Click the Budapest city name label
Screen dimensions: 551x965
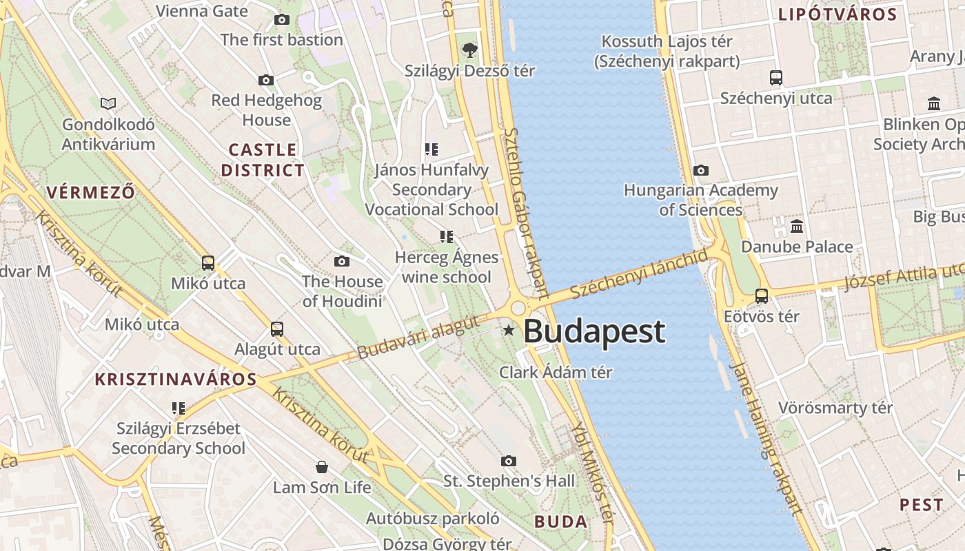pos(594,331)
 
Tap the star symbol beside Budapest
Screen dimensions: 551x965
pos(509,331)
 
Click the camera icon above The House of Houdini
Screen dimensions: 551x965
pos(341,262)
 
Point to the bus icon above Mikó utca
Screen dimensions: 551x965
pos(208,263)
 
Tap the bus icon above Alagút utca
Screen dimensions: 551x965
pos(277,329)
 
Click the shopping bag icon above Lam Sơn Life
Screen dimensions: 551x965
pos(322,468)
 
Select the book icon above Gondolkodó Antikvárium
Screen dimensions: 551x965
pos(108,104)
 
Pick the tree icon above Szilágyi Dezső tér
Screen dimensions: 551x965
pos(470,50)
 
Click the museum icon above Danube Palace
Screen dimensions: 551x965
pos(797,226)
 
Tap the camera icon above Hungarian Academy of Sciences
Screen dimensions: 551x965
pos(701,170)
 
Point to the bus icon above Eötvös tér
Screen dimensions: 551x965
pos(762,296)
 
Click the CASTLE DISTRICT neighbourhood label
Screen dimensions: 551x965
pos(263,160)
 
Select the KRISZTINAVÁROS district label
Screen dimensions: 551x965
pos(176,379)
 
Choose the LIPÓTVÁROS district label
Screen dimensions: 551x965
pos(837,14)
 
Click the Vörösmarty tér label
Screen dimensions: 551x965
pos(835,408)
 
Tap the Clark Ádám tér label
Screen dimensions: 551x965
pos(556,373)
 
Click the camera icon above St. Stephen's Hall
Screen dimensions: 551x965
pos(509,461)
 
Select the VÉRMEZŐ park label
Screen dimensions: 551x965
pos(91,191)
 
